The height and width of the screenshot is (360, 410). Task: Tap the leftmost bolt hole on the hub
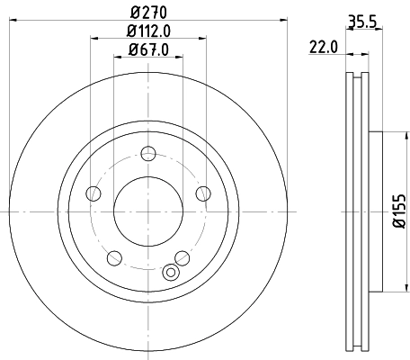coord(92,193)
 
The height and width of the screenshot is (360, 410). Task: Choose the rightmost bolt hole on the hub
coord(203,192)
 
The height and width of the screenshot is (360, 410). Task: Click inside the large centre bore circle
coord(147,211)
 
